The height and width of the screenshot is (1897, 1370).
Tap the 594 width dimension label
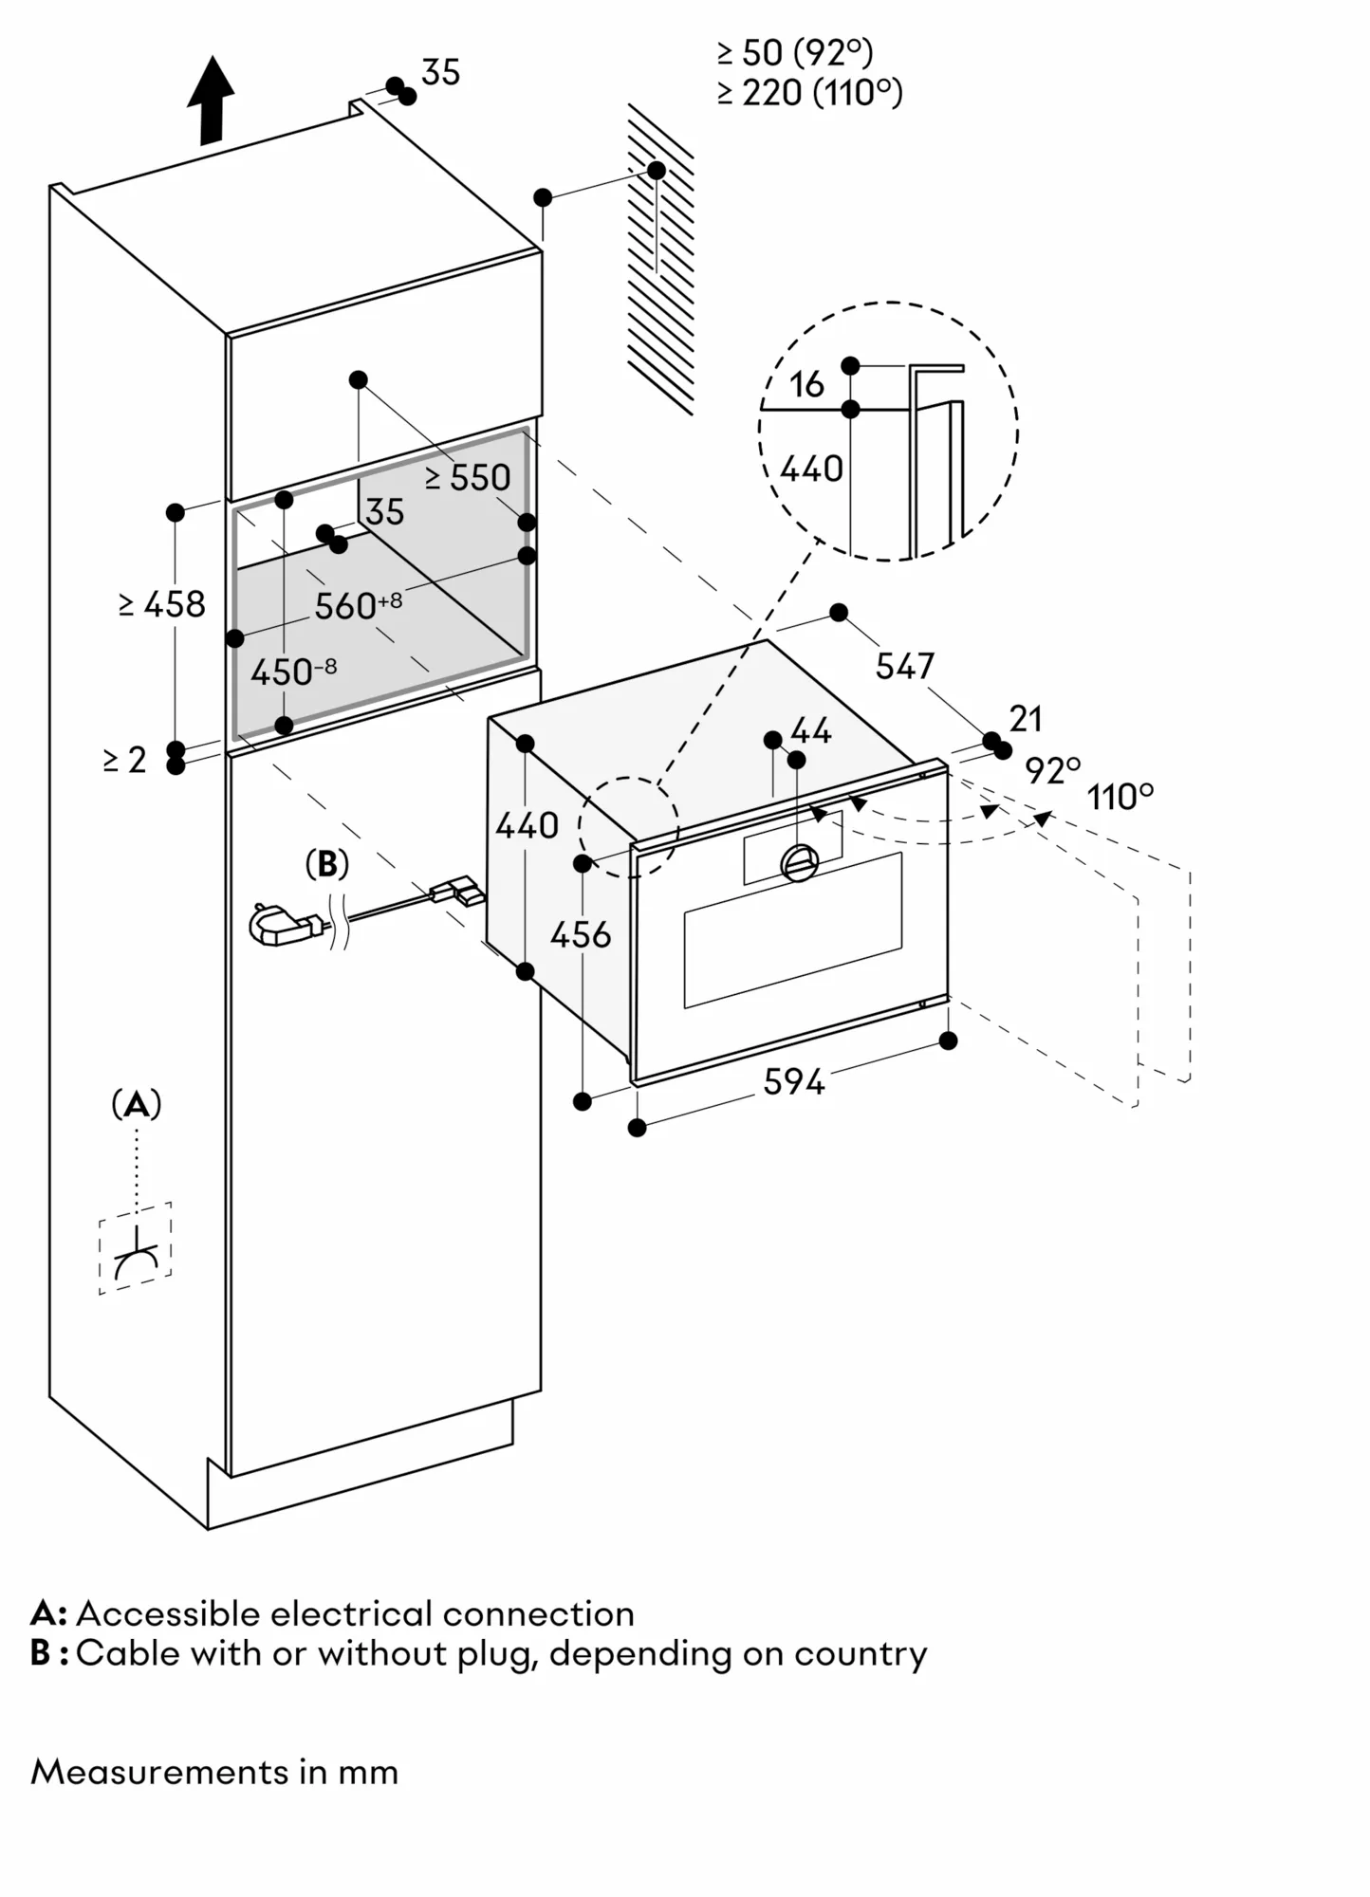[794, 1081]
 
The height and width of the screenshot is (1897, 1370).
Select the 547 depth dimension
[904, 667]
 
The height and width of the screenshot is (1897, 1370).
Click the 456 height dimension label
[581, 935]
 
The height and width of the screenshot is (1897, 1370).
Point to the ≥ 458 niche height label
[162, 604]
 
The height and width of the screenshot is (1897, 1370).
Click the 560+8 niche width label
[358, 605]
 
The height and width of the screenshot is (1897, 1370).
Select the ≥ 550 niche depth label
[468, 478]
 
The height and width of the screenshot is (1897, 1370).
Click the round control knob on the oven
[799, 862]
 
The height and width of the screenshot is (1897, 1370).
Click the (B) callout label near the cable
[327, 864]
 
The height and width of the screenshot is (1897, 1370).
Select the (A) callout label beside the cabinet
[137, 1104]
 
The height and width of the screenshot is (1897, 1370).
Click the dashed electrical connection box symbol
[136, 1248]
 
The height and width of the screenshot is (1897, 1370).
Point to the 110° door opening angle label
[1120, 797]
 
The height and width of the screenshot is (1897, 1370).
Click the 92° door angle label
[1052, 770]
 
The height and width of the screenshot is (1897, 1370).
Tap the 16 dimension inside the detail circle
[806, 384]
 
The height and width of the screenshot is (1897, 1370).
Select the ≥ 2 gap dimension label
[125, 760]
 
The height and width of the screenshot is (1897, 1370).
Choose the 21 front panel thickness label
[1026, 719]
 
